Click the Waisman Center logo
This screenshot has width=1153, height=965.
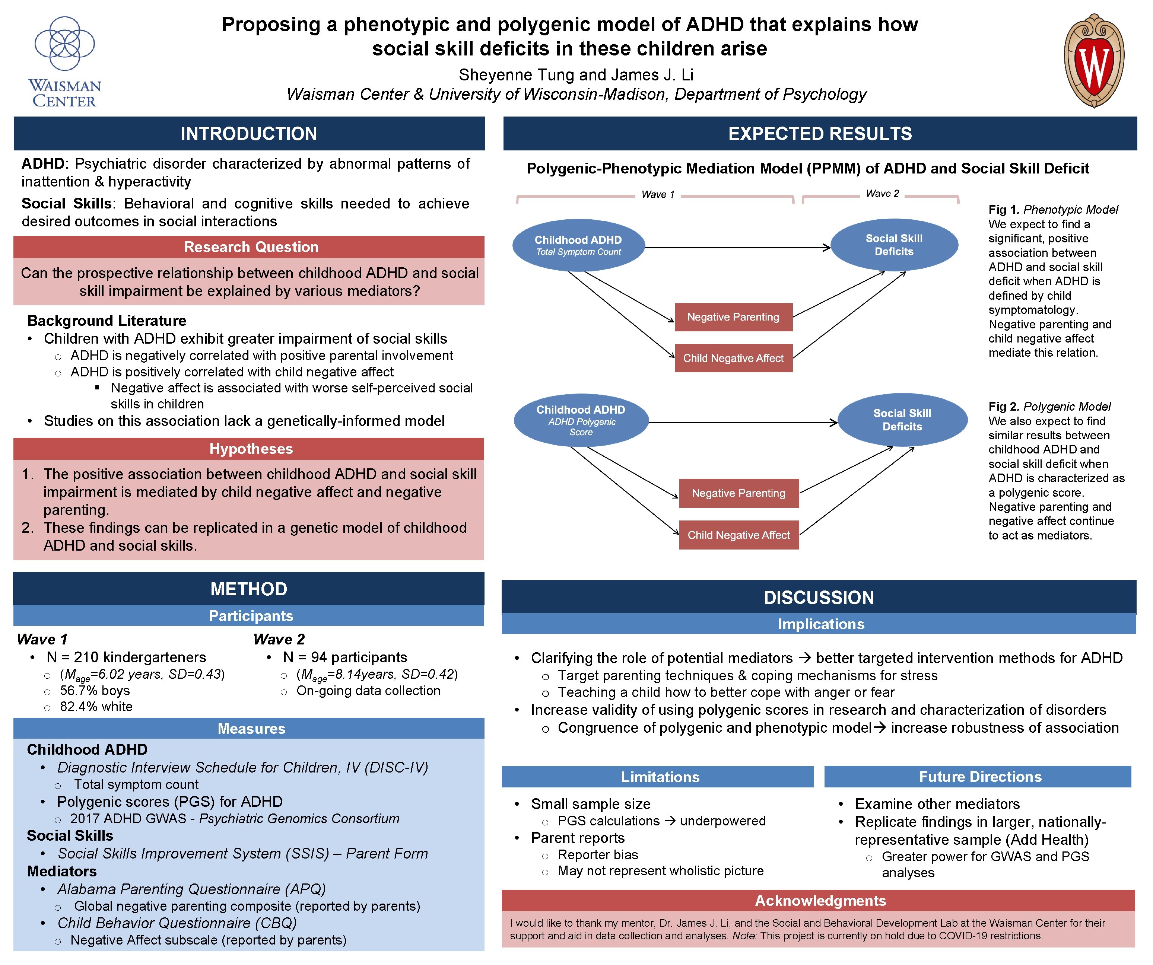coord(65,61)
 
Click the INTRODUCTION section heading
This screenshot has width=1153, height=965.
coord(249,133)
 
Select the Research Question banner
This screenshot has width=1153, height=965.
coord(251,247)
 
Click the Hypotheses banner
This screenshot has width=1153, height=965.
coord(251,449)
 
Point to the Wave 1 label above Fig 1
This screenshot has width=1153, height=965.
coord(657,194)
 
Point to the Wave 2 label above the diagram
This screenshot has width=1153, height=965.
coord(882,193)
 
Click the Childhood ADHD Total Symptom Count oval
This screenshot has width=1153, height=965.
coord(578,245)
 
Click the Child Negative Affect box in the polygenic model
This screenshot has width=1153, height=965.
coord(739,535)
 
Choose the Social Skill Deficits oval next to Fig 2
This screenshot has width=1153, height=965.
coord(902,420)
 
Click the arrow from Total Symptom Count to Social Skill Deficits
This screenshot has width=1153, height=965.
coord(736,248)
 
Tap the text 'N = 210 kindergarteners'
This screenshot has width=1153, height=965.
coord(126,657)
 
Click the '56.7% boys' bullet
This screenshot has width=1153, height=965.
coord(95,691)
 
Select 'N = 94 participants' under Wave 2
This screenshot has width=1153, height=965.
coord(345,657)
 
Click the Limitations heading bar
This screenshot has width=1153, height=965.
coord(660,777)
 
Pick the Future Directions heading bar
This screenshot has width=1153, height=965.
coord(980,777)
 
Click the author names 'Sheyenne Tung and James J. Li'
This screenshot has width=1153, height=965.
coord(576,75)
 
